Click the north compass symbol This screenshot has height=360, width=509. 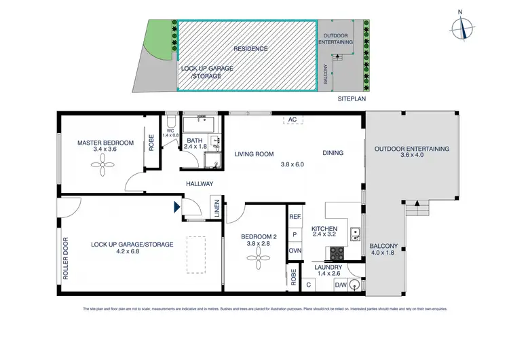[461, 27]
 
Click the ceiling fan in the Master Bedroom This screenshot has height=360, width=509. [105, 162]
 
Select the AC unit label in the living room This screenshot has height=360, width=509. [293, 120]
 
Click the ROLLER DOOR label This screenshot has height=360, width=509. [67, 259]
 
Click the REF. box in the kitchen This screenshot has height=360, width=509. [295, 217]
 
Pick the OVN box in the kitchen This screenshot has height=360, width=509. [295, 250]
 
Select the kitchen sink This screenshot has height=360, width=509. [354, 236]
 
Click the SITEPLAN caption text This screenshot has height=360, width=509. [351, 99]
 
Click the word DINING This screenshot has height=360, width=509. [333, 153]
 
